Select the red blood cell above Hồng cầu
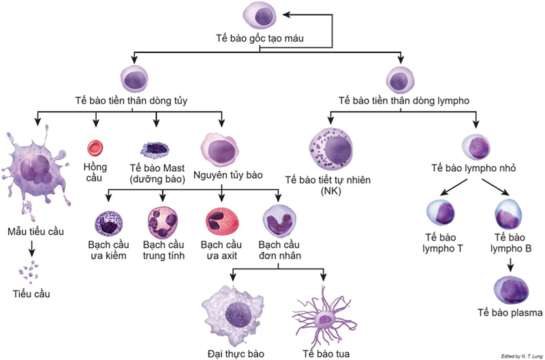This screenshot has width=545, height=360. click(95, 147)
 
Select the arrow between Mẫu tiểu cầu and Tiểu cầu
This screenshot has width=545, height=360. click(31, 250)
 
